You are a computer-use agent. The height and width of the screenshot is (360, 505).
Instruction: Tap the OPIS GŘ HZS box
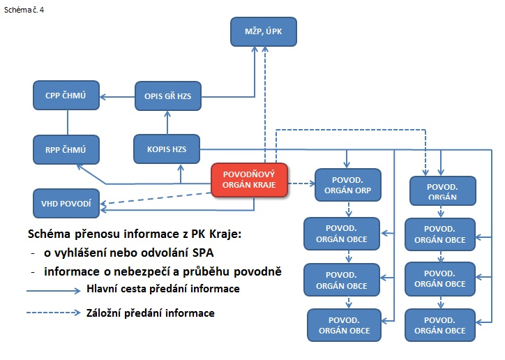click(x=163, y=96)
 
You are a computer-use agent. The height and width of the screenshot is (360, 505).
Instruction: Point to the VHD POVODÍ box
click(x=67, y=203)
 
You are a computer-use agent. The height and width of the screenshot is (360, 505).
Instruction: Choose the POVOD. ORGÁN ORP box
click(x=348, y=184)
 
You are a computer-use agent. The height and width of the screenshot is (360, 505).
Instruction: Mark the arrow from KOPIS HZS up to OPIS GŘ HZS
click(x=167, y=123)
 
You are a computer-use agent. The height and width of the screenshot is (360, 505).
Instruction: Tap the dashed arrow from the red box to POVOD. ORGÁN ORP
click(x=301, y=184)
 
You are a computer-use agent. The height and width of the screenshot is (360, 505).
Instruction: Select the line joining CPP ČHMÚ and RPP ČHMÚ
click(x=68, y=122)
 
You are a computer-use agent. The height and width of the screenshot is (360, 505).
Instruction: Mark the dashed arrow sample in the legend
click(x=52, y=313)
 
